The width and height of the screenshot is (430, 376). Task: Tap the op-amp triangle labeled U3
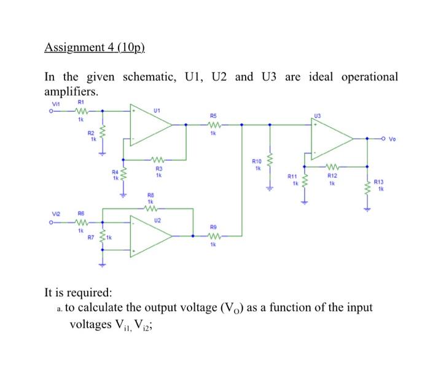click(x=332, y=139)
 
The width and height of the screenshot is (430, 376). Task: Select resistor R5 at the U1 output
click(x=213, y=125)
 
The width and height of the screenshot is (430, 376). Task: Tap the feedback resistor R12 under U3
click(x=332, y=166)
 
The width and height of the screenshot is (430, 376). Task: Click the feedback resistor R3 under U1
click(x=158, y=161)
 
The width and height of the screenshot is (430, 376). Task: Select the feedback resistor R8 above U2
click(x=150, y=208)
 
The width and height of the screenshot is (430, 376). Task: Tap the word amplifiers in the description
click(x=71, y=91)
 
